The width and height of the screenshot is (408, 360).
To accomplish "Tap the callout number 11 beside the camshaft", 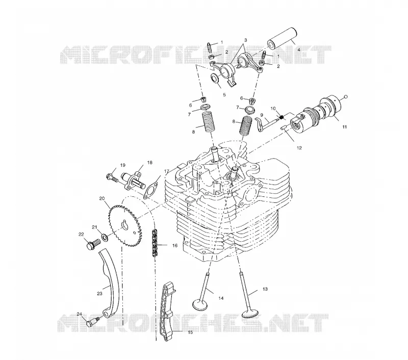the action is pos(344,127).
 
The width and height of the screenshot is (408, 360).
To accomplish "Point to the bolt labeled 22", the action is pos(93,245).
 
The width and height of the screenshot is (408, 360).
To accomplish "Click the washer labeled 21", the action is pos(105,237).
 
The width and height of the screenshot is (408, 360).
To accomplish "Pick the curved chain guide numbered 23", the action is pos(109,283).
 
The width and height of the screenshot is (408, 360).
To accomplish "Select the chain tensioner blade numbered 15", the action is pos(167,313).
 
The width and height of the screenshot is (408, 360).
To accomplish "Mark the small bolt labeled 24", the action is pos(92,322).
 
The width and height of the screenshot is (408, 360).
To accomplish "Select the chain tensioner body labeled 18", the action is pos(133,182).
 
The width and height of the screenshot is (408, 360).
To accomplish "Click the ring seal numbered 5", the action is pos(216,78).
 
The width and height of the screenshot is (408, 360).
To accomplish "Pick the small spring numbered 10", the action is pos(282,117).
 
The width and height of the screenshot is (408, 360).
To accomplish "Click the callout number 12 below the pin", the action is pos(299,148).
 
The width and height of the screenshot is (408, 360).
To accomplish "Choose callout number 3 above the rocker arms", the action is pos(245,40).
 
